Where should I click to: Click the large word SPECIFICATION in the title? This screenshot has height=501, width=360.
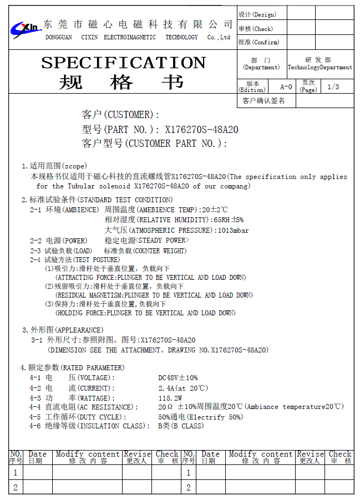point(123,62)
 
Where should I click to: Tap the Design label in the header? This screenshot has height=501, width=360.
point(257,14)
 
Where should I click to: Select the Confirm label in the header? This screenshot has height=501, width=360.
point(258,42)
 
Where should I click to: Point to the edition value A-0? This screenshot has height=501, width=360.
point(286,87)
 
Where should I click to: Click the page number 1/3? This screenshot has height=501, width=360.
point(333,87)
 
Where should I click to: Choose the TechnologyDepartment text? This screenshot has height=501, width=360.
point(320,68)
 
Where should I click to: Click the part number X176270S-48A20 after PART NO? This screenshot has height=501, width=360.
point(202,130)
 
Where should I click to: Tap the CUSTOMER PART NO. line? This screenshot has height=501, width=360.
point(155,144)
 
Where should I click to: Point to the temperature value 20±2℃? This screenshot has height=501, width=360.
point(215,210)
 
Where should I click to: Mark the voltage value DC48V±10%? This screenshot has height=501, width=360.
point(178,378)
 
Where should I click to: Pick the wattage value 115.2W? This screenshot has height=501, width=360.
point(170,398)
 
